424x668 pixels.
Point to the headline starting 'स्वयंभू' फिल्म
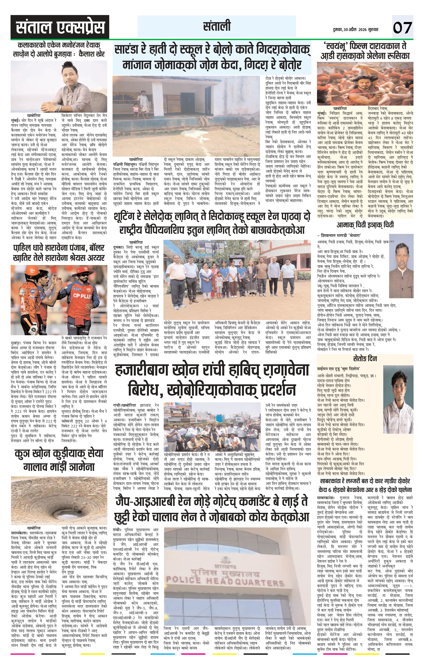(365, 50)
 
